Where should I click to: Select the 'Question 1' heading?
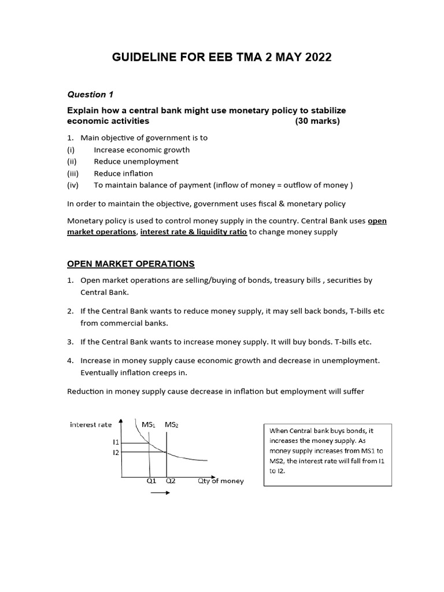[x=87, y=94]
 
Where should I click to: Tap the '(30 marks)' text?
[x=317, y=121]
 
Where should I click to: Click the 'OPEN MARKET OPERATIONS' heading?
[x=131, y=264]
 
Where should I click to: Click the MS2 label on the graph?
[x=172, y=425]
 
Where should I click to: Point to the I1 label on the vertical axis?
[x=116, y=442]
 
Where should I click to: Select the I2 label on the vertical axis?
[x=116, y=452]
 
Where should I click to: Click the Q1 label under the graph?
[x=151, y=480]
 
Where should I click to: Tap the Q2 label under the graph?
[x=170, y=480]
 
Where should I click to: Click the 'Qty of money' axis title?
[x=220, y=480]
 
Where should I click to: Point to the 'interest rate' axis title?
[x=91, y=424]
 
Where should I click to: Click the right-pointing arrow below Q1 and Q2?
[x=160, y=493]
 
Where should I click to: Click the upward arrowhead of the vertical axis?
[x=121, y=421]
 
